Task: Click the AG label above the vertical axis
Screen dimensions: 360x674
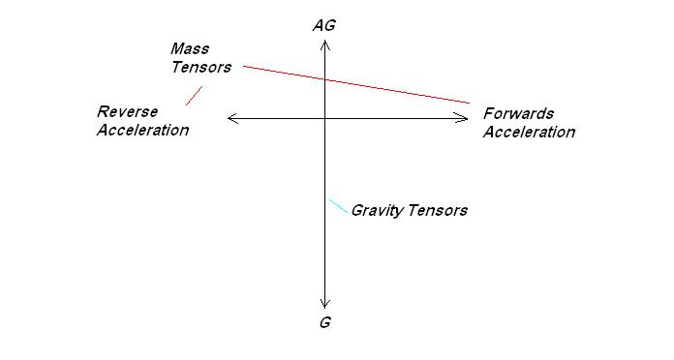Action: [324, 25]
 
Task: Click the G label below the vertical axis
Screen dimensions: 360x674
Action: [324, 322]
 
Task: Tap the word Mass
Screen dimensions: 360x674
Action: [190, 48]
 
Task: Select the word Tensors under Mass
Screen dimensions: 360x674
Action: [201, 67]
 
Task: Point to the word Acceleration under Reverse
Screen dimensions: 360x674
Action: [143, 130]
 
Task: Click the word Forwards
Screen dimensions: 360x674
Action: [519, 114]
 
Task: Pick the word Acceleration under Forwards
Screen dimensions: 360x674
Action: [529, 133]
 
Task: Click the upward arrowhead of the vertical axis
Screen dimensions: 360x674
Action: [325, 42]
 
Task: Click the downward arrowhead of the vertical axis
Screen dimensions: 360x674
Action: [325, 303]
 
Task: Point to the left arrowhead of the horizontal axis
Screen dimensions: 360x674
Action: [230, 118]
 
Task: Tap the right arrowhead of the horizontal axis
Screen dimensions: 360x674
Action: [465, 118]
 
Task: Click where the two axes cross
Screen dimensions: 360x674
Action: [325, 118]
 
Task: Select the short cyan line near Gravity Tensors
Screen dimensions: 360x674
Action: [338, 207]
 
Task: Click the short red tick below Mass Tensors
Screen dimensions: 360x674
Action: [194, 95]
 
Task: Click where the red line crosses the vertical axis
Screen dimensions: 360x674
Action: [325, 78]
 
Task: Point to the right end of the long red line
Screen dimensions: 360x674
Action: [470, 103]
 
